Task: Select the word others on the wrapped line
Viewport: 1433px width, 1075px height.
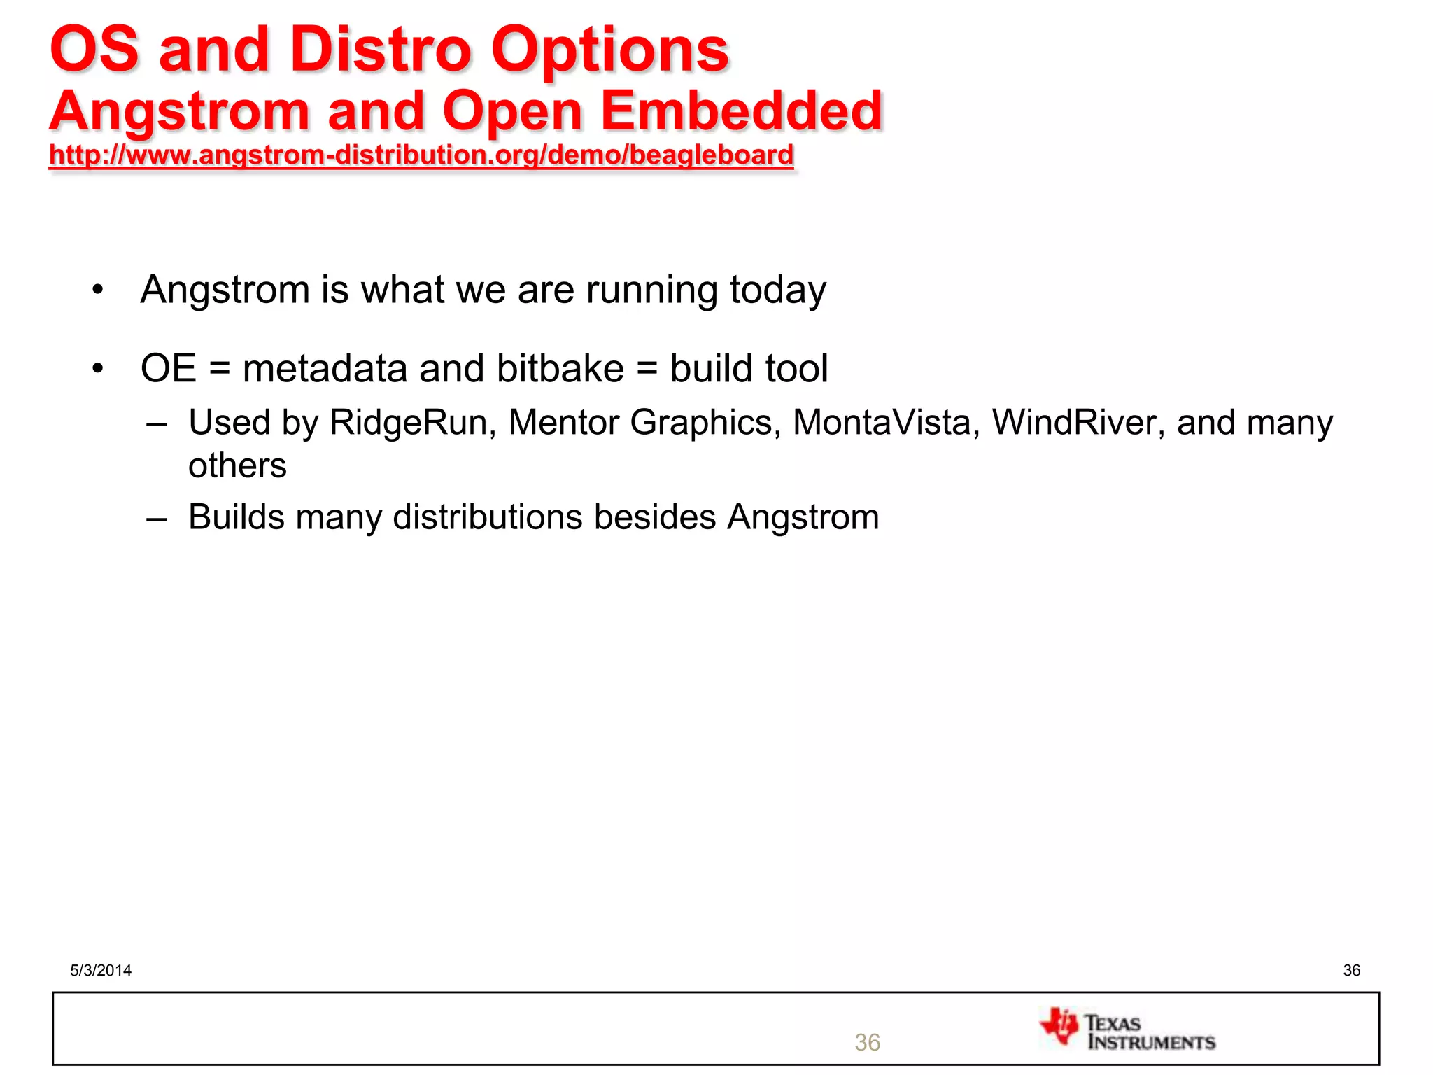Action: pos(237,466)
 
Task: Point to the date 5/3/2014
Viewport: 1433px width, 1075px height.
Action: pos(101,970)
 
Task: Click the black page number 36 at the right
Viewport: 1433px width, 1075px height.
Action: pos(1351,970)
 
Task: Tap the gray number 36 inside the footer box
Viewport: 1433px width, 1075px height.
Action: pos(867,1042)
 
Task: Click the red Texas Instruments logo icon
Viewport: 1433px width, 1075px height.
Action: pos(1059,1027)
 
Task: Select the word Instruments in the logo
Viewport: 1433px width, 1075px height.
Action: pos(1152,1042)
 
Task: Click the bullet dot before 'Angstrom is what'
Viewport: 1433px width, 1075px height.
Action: pos(98,290)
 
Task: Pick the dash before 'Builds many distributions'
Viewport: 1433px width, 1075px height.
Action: pos(157,519)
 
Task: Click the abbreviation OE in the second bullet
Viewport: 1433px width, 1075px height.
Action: pos(168,369)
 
